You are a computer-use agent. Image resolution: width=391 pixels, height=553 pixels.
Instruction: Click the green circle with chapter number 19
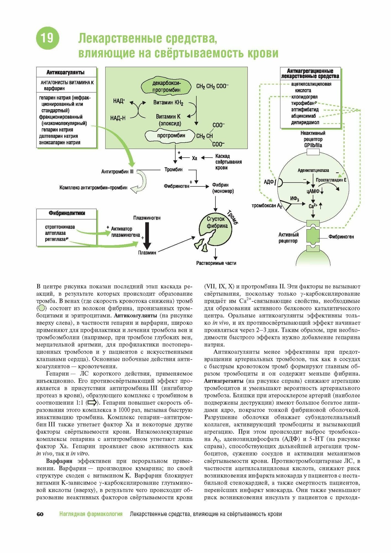tap(48, 38)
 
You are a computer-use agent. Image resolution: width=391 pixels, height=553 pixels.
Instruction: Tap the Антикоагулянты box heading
tap(66, 72)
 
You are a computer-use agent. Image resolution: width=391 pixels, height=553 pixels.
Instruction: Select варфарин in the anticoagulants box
tap(54, 88)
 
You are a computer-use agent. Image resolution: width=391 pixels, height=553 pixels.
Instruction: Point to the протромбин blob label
tap(171, 135)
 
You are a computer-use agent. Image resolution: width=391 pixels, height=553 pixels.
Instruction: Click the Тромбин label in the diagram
tap(173, 169)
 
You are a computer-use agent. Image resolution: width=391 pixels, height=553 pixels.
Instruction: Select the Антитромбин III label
tap(117, 172)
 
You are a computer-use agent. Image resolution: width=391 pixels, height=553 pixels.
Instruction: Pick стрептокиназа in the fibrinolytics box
tap(60, 227)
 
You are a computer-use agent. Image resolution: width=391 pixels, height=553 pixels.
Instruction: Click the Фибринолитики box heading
tap(67, 213)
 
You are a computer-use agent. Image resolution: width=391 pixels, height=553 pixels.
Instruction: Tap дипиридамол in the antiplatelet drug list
tap(305, 122)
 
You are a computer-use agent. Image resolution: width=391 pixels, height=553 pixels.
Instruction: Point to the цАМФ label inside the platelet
tap(312, 191)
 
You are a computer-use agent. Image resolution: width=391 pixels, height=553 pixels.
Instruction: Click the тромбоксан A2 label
tap(267, 206)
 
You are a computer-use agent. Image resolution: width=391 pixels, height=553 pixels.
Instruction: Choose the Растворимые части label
tap(216, 263)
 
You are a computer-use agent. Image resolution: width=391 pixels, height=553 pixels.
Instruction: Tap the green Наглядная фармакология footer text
tap(91, 514)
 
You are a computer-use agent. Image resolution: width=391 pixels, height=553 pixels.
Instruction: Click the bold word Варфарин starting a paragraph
tap(59, 461)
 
